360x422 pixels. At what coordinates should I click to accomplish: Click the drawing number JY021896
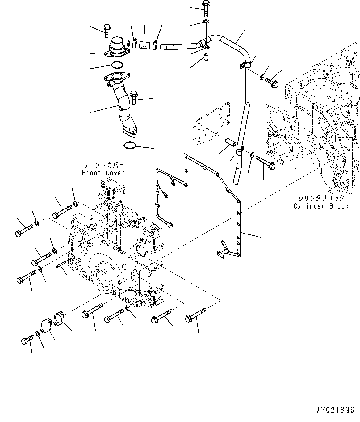click(335, 410)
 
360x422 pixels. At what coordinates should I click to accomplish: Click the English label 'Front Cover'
click(103, 173)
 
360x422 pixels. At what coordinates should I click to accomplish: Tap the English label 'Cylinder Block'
click(321, 206)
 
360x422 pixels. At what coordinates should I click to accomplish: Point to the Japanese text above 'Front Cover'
click(103, 164)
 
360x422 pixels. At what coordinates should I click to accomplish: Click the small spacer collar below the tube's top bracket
click(205, 57)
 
